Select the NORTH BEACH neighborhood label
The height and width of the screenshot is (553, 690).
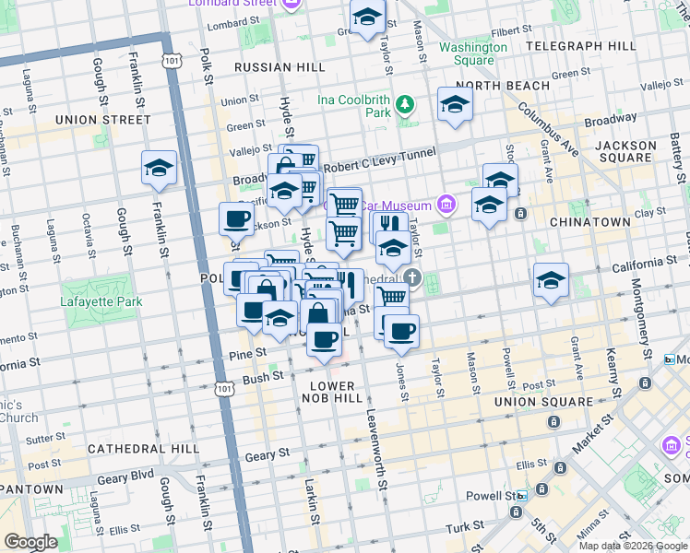click(503, 86)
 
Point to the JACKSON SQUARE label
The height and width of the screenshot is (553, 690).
click(625, 153)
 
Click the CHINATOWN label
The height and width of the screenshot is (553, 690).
click(589, 222)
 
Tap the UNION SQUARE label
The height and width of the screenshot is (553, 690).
click(543, 402)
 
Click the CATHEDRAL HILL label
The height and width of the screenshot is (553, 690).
click(143, 449)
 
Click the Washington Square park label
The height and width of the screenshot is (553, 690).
click(473, 53)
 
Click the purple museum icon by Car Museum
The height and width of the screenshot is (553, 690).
click(446, 203)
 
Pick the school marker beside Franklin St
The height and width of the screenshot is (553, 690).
click(160, 169)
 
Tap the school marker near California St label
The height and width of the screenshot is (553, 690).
click(551, 280)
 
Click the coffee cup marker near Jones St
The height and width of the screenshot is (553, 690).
click(401, 332)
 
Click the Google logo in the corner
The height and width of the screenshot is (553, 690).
click(31, 542)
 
